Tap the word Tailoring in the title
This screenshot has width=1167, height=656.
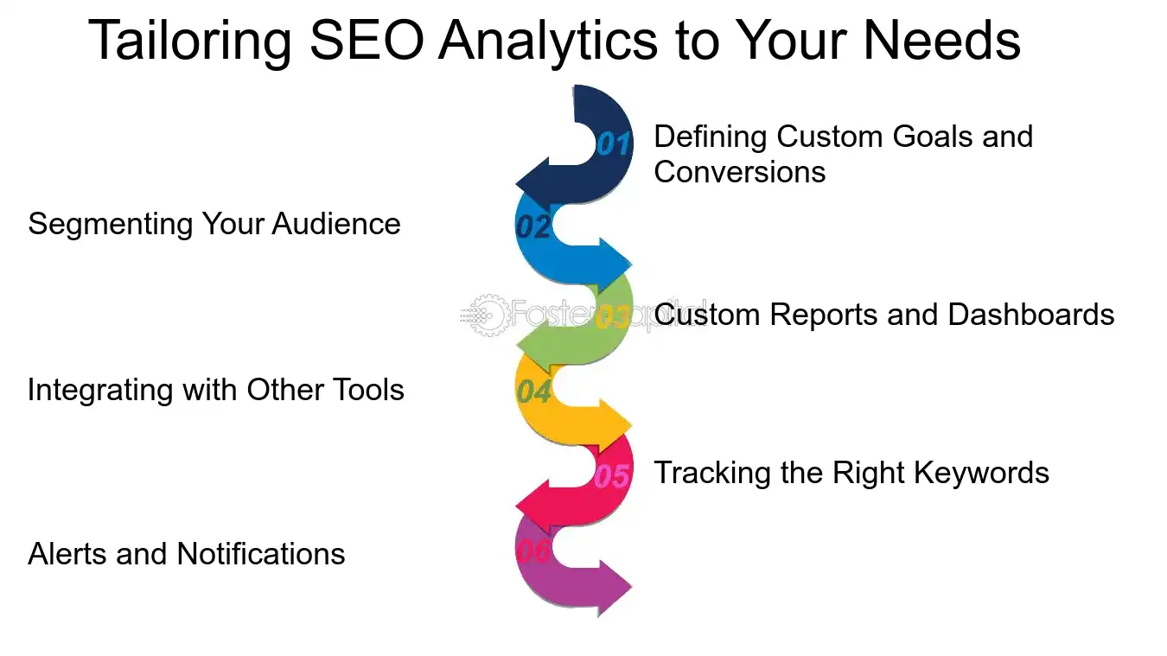click(x=190, y=41)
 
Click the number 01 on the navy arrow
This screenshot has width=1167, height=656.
click(x=613, y=143)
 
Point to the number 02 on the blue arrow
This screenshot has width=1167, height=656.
click(x=533, y=226)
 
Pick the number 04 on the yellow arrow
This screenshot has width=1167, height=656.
click(x=534, y=392)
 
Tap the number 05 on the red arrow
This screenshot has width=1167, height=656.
click(x=612, y=475)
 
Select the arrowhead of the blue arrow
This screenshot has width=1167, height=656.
click(x=615, y=261)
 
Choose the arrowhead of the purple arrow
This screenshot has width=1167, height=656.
click(x=615, y=588)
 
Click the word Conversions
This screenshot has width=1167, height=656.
click(x=740, y=172)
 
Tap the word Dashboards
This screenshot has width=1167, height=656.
click(x=1031, y=315)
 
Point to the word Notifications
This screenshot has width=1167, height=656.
click(x=260, y=554)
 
